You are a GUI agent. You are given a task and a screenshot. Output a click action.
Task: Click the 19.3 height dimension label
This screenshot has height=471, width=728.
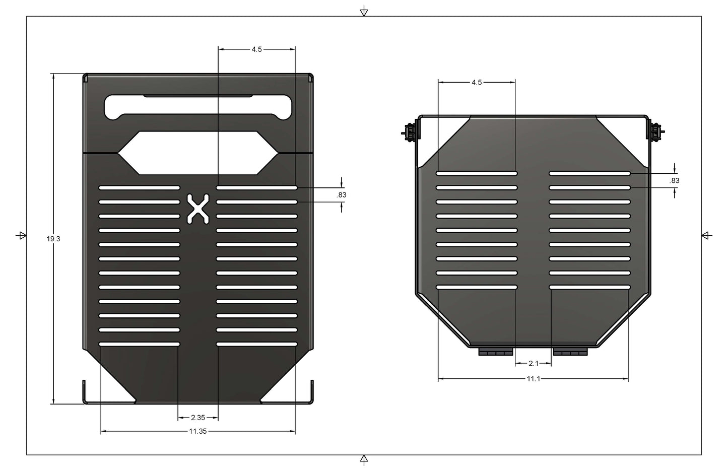pyautogui.click(x=53, y=239)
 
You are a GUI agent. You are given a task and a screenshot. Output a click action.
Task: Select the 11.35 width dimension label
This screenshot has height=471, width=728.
pyautogui.click(x=197, y=431)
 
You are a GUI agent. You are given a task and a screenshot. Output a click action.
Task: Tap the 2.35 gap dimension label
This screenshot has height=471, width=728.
pyautogui.click(x=198, y=418)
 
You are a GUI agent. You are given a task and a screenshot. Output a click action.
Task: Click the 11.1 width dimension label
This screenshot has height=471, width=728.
pyautogui.click(x=533, y=379)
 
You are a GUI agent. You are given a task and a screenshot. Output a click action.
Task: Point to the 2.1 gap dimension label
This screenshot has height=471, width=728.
pyautogui.click(x=533, y=363)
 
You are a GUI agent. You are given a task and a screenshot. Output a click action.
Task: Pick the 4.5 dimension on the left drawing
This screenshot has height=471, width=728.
pyautogui.click(x=256, y=49)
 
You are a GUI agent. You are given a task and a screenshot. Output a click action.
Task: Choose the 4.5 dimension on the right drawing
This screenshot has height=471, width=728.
pyautogui.click(x=476, y=82)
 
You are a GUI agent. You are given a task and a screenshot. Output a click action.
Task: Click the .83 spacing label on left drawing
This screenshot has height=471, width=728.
pyautogui.click(x=342, y=195)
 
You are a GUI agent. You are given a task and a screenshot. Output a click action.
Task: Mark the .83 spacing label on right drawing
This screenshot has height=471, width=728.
pyautogui.click(x=675, y=180)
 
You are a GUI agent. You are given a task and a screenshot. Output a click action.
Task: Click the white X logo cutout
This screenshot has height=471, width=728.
pyautogui.click(x=198, y=208)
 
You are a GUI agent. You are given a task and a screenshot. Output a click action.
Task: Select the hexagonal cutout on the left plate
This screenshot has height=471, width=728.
pyautogui.click(x=198, y=153)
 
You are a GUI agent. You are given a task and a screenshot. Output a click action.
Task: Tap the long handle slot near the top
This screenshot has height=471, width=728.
pyautogui.click(x=198, y=107)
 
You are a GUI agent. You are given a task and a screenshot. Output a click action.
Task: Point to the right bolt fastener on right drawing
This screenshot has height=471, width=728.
pyautogui.click(x=655, y=132)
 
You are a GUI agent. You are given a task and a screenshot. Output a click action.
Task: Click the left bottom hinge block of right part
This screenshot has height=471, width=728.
pyautogui.click(x=495, y=351)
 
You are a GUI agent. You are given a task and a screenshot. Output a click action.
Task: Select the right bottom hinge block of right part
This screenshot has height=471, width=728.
pyautogui.click(x=570, y=351)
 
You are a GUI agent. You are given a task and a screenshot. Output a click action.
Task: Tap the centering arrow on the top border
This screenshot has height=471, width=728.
pyautogui.click(x=364, y=12)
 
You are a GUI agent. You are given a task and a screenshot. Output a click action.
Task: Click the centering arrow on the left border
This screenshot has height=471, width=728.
pyautogui.click(x=21, y=235)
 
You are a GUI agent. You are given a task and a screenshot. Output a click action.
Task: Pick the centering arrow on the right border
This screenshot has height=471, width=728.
pyautogui.click(x=706, y=235)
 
